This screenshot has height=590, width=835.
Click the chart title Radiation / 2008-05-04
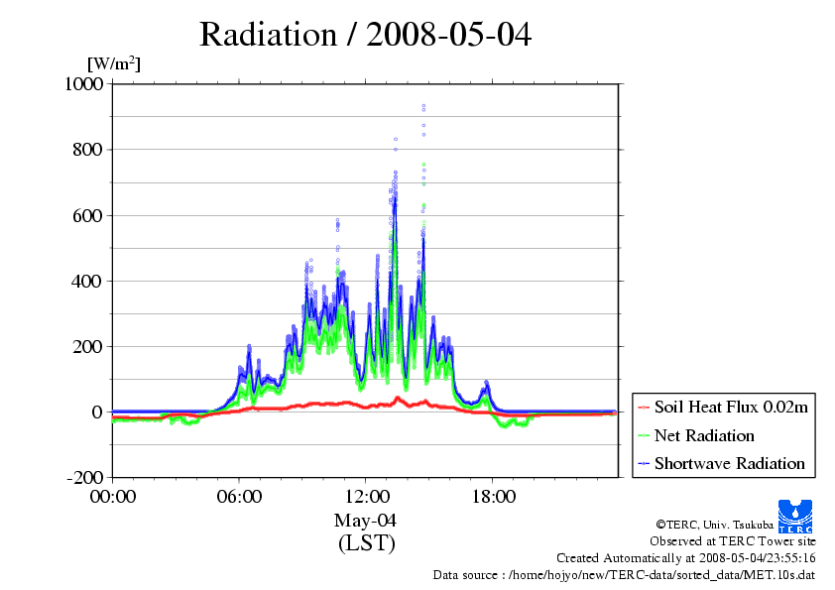pyautogui.click(x=365, y=35)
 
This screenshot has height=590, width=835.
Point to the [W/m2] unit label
pyautogui.click(x=114, y=64)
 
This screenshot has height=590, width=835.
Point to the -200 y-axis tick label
pyautogui.click(x=84, y=477)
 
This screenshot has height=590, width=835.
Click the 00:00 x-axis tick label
pyautogui.click(x=113, y=496)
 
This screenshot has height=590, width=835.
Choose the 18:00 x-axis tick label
pyautogui.click(x=493, y=496)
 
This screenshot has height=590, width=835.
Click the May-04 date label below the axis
pyautogui.click(x=366, y=521)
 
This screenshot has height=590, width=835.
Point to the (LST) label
pyautogui.click(x=366, y=543)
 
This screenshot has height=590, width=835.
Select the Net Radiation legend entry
pyautogui.click(x=704, y=435)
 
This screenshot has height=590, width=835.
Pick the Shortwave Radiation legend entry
pyautogui.click(x=729, y=463)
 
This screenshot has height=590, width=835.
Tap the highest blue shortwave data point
pyautogui.click(x=423, y=105)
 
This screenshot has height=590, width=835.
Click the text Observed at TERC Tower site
pyautogui.click(x=733, y=541)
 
